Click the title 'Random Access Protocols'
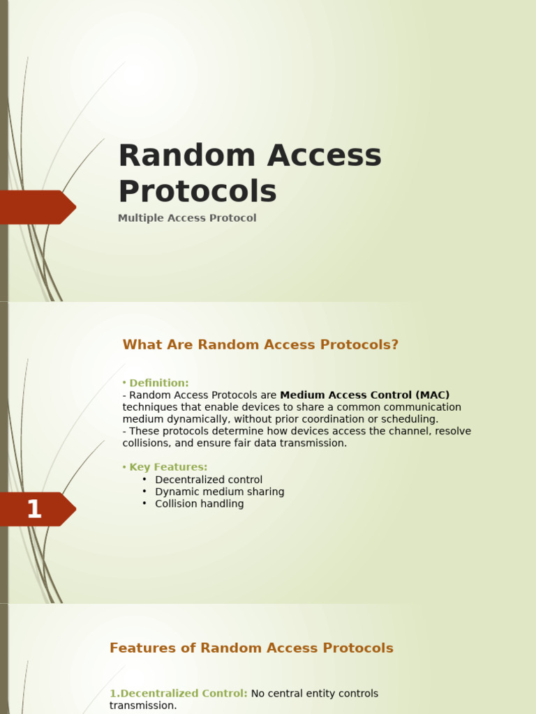point(249,173)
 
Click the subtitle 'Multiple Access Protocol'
point(187,218)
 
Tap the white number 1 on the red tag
point(33,510)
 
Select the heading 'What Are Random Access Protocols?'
point(260,345)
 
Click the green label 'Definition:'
point(158,383)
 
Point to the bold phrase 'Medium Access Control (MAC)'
point(364,395)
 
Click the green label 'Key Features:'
point(168,467)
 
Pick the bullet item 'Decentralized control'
point(209,480)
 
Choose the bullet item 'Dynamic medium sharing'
point(219,492)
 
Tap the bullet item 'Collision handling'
point(199,503)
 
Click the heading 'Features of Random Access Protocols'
point(251,648)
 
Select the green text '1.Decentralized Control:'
point(178,694)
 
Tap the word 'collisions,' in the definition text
point(144,443)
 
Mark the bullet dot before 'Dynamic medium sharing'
point(144,492)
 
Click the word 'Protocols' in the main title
point(198,191)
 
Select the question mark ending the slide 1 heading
point(395,345)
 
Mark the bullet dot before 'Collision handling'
point(144,503)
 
